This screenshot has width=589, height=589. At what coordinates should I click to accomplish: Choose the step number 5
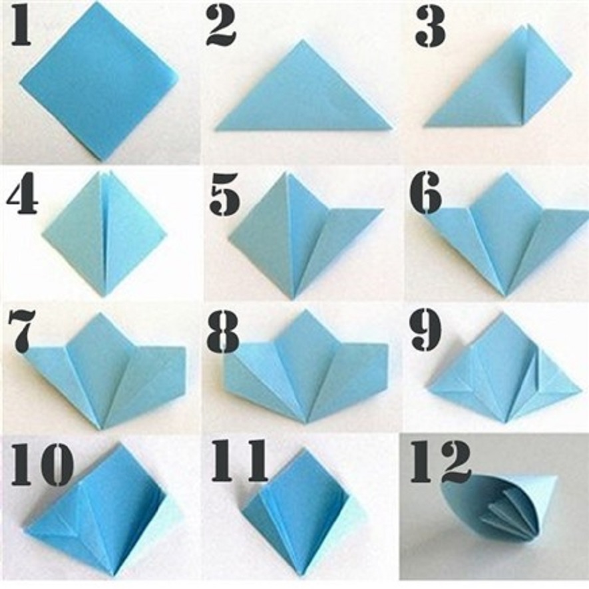tap(224, 193)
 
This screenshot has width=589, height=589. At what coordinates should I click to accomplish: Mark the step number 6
tap(426, 193)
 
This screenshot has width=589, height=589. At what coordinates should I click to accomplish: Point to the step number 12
tap(440, 461)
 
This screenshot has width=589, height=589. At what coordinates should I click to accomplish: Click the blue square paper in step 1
tap(98, 82)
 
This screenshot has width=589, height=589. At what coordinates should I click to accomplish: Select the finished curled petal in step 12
tap(500, 512)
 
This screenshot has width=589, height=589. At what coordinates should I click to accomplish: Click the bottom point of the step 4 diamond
tap(105, 297)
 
